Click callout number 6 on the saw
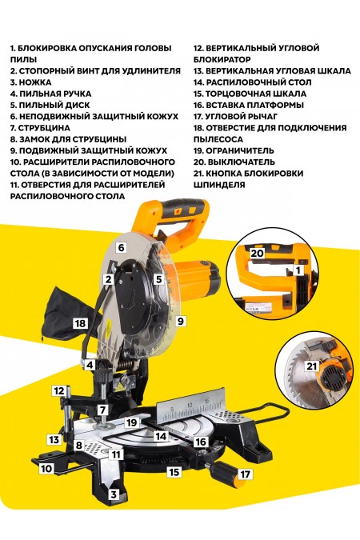[x=122, y=248]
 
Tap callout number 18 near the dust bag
[x=79, y=323]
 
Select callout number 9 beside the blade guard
[x=181, y=321]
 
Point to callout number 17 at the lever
[x=245, y=474]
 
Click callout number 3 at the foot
[x=114, y=495]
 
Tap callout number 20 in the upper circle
[x=255, y=252]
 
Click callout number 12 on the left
[x=58, y=390]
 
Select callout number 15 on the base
[x=172, y=473]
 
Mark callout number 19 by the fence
[x=134, y=422]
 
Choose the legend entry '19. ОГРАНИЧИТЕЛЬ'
[x=239, y=150]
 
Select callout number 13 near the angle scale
[x=54, y=439]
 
